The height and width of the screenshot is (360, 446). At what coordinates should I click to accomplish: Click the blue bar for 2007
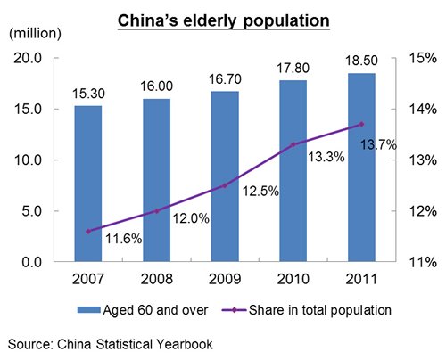tap(88, 184)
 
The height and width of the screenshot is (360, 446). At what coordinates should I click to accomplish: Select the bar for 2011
tap(361, 168)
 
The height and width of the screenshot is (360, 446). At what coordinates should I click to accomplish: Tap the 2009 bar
tap(225, 176)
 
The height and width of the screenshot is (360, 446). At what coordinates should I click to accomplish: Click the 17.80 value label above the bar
tap(293, 69)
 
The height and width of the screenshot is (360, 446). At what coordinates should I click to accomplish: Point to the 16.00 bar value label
tap(156, 86)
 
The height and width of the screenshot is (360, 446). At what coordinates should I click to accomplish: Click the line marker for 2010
tap(293, 144)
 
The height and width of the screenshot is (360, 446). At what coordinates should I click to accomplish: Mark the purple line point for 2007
tap(88, 232)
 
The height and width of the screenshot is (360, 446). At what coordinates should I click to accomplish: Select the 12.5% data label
tap(260, 191)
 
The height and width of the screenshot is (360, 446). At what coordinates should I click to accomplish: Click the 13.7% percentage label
tap(378, 145)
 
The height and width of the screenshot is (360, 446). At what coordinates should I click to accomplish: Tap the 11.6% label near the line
tap(124, 239)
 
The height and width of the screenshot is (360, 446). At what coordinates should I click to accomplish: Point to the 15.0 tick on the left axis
tap(28, 110)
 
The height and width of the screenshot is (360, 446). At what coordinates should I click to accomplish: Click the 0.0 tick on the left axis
tap(31, 262)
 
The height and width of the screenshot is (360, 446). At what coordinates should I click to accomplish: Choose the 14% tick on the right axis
tap(424, 110)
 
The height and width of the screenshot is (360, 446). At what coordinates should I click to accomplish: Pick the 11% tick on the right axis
tap(424, 262)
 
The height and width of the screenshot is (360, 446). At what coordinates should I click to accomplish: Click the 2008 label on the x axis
tap(156, 279)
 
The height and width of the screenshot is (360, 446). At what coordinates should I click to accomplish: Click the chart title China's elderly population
tap(224, 20)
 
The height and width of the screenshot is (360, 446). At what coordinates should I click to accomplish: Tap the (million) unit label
tap(35, 33)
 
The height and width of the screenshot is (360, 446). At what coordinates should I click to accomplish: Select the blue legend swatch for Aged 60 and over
tap(89, 310)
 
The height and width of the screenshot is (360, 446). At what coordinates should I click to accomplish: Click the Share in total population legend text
tap(320, 310)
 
